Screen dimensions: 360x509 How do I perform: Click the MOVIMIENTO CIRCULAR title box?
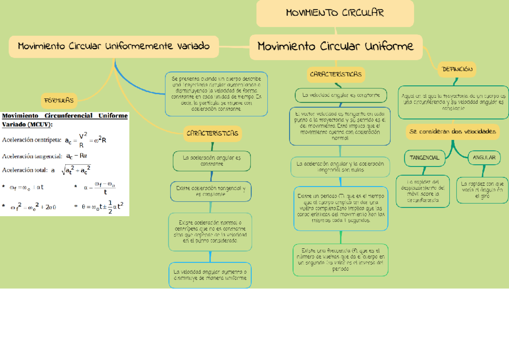click(335, 13)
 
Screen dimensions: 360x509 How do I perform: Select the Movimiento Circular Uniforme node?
click(336, 46)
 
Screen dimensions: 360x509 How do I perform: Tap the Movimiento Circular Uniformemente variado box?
click(114, 46)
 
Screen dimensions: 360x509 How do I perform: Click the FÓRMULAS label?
click(59, 101)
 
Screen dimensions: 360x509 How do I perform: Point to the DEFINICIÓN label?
click(457, 69)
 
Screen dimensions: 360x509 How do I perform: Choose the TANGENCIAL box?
click(424, 158)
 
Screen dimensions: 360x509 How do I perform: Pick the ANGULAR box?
click(484, 158)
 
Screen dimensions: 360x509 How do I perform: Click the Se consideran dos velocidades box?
click(453, 132)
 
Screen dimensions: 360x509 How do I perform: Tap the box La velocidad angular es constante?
click(341, 96)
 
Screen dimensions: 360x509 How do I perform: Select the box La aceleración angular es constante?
click(212, 161)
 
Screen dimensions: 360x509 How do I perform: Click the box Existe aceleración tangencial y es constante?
click(211, 191)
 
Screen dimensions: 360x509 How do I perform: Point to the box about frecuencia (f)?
click(341, 260)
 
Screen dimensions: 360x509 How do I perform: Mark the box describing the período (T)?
click(340, 208)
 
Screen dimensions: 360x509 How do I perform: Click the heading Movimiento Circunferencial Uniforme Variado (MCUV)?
click(64, 120)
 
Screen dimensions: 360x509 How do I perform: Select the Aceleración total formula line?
click(47, 170)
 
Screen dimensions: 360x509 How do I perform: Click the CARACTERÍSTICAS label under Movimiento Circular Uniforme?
click(336, 74)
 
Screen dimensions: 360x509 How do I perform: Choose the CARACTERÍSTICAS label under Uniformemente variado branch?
click(212, 134)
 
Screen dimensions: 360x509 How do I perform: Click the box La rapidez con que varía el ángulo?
click(482, 190)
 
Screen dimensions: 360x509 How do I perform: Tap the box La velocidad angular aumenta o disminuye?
click(210, 275)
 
